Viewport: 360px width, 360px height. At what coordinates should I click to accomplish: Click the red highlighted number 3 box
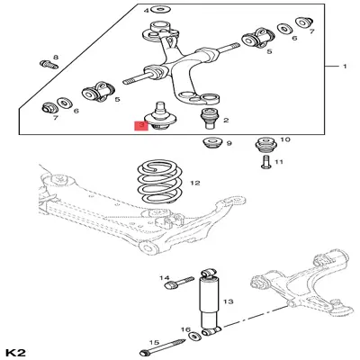point(141,126)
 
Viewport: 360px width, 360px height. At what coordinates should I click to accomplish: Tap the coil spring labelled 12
point(159,182)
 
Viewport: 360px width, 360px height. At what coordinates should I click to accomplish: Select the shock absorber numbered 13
point(210,302)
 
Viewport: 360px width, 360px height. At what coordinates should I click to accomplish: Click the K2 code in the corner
point(17,352)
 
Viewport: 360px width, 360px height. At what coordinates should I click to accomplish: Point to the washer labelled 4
point(161,10)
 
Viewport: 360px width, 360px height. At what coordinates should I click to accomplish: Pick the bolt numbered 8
point(49,65)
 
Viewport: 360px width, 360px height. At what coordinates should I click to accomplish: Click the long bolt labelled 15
point(162,347)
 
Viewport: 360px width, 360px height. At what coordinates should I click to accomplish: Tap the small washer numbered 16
point(195,336)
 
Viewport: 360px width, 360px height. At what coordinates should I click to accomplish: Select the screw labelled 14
point(179,283)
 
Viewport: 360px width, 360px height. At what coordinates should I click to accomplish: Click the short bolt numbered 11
point(265,162)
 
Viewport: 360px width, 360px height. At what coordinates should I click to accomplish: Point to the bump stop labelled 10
point(265,146)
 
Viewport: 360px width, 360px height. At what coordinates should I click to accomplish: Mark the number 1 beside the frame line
point(345,67)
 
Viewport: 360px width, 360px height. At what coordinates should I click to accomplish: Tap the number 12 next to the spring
point(195,183)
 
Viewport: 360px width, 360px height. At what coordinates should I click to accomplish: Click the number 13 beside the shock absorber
point(229,301)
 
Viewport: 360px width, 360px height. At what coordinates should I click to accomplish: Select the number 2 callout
point(226,120)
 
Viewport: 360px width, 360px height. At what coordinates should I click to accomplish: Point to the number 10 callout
point(285,139)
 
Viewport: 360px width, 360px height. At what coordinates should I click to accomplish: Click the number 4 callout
point(146,11)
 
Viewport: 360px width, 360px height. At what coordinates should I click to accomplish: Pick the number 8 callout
point(56,57)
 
